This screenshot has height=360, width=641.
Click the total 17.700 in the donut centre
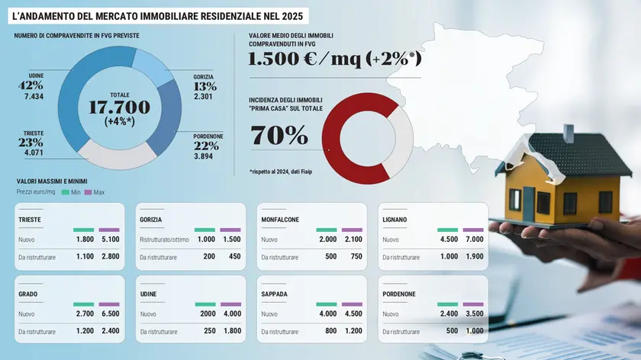(119, 108)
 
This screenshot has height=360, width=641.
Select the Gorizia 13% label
(205, 86)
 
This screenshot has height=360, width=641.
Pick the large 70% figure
(279, 136)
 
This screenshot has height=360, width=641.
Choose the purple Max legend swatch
(89, 192)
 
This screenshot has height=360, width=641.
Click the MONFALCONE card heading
(280, 220)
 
